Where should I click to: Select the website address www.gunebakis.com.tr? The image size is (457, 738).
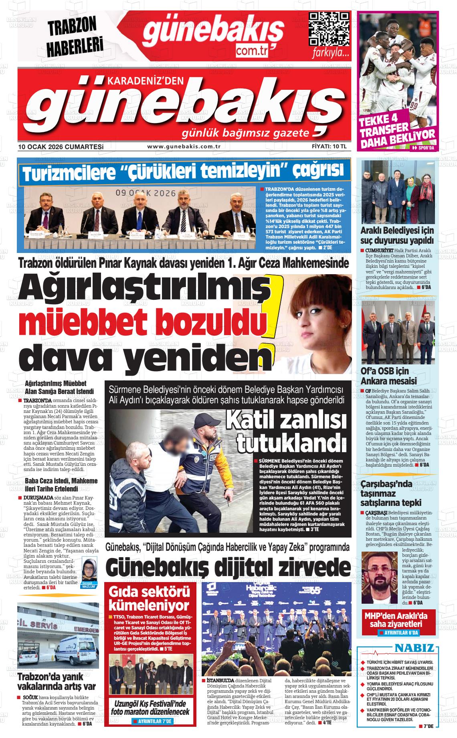pyautogui.click(x=184, y=147)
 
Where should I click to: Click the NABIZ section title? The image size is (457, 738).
pyautogui.click(x=415, y=648)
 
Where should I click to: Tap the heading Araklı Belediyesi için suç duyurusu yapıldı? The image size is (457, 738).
pyautogui.click(x=397, y=236)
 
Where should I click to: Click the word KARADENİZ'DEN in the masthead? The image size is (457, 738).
pyautogui.click(x=145, y=81)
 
